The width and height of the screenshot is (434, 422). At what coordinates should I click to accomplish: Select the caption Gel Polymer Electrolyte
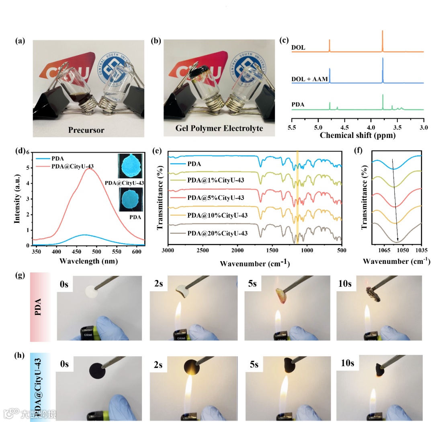[x=219, y=129]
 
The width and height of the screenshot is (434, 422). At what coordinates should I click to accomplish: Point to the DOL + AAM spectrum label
[x=310, y=79]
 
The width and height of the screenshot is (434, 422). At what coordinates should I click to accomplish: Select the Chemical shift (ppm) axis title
[x=358, y=136]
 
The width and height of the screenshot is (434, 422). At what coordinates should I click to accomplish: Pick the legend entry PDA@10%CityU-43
[x=217, y=216]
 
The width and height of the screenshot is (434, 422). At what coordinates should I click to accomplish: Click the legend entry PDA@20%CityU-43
[x=217, y=233]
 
